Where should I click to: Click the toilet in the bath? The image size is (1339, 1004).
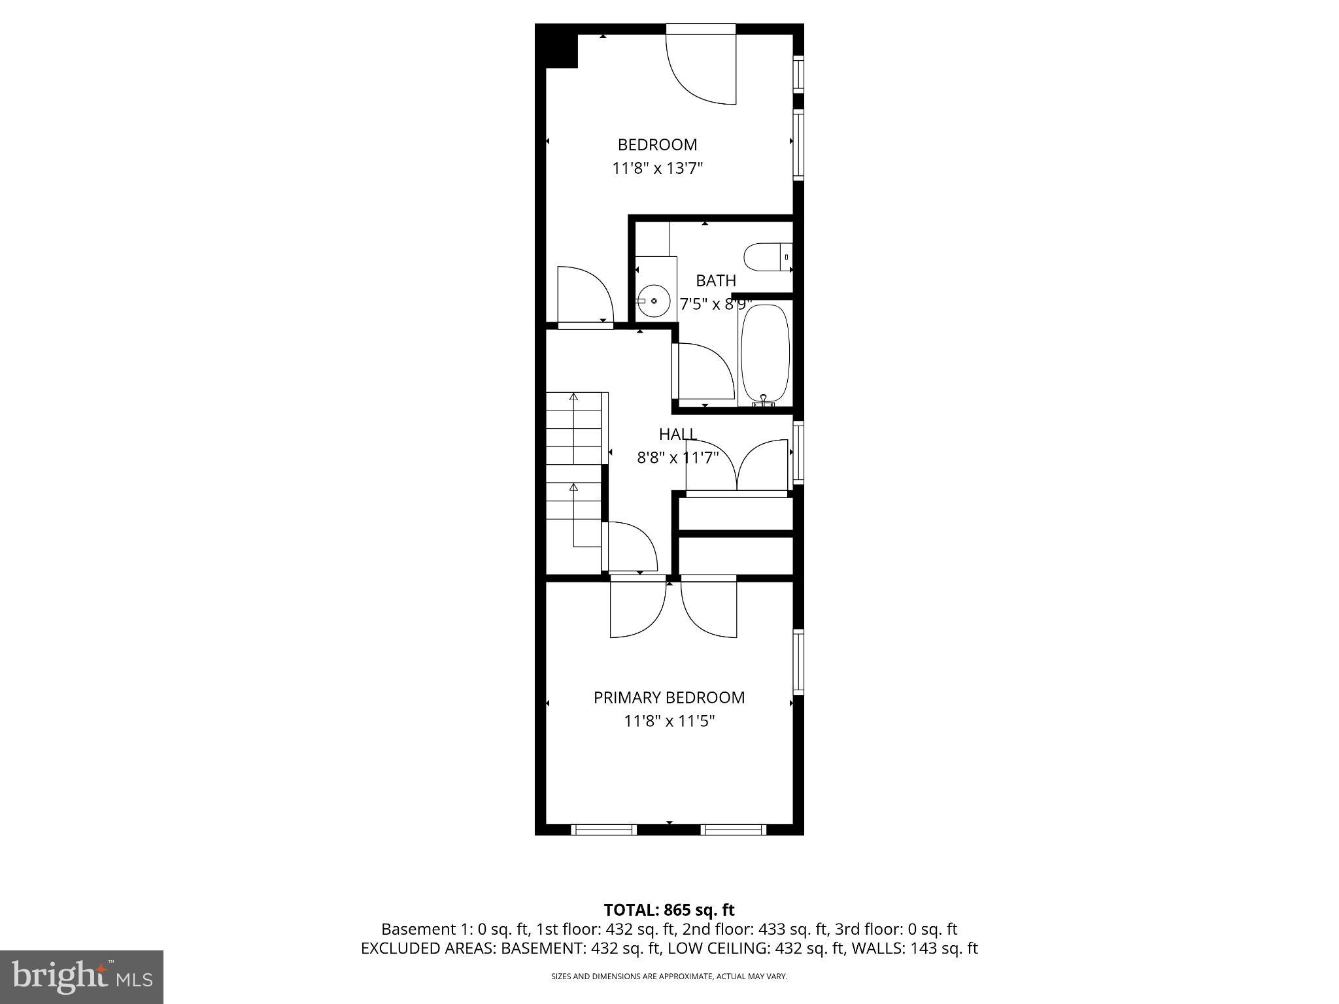(x=767, y=257)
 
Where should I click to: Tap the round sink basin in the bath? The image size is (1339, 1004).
(x=653, y=301)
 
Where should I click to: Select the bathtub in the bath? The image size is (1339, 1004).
(x=764, y=354)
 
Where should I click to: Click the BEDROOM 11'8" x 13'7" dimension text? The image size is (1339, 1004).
(x=657, y=169)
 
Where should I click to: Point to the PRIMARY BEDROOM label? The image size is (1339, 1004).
(x=669, y=697)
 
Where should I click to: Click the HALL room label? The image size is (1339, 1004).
(x=677, y=434)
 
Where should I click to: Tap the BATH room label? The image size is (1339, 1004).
(x=716, y=280)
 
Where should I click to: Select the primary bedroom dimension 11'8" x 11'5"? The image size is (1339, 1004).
(x=669, y=721)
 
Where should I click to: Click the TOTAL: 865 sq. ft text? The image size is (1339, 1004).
(x=669, y=910)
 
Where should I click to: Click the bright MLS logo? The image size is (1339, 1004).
(x=82, y=977)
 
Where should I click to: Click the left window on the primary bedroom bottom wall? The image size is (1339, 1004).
(x=603, y=829)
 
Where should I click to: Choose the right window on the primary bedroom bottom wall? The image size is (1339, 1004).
(x=733, y=829)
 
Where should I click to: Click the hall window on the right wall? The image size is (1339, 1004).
(x=798, y=453)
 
